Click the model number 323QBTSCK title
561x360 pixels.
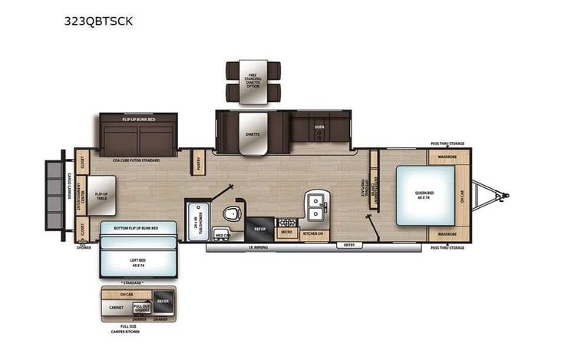(x=98, y=21)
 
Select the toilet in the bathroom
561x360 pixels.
(x=233, y=213)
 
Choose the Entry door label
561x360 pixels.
(x=349, y=246)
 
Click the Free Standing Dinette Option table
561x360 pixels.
(x=252, y=81)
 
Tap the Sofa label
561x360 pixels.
(x=320, y=127)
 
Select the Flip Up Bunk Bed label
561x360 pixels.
(x=138, y=120)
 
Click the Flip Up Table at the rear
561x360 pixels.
(x=101, y=195)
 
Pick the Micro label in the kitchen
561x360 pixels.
(x=286, y=232)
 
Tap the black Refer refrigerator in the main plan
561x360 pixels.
(x=259, y=229)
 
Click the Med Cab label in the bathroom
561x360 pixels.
(x=223, y=235)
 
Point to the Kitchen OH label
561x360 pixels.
(x=313, y=233)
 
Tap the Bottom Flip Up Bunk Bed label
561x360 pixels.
(x=138, y=229)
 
